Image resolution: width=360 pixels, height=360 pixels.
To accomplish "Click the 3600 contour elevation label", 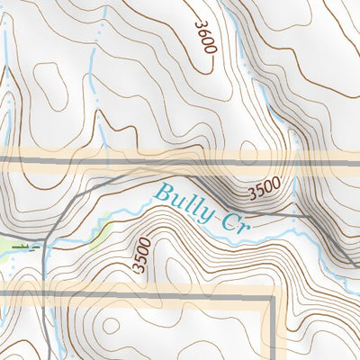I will pyautogui.click(x=203, y=33).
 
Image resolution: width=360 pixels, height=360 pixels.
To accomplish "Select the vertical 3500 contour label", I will pyautogui.click(x=139, y=255).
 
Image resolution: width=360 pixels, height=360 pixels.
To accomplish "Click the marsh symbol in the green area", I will pyautogui.click(x=27, y=246).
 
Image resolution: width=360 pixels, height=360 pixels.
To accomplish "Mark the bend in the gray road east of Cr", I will pyautogui.click(x=306, y=216).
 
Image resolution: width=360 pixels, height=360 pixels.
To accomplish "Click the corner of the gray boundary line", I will pyautogui.click(x=270, y=297).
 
